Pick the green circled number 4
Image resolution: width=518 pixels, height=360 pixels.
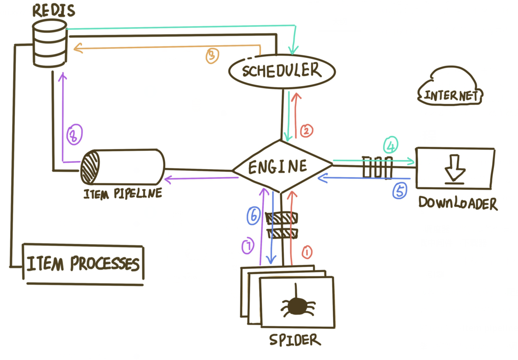[x=391, y=145]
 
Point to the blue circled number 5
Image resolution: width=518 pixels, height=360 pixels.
[x=399, y=191]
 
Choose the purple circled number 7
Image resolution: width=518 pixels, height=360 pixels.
[x=248, y=246]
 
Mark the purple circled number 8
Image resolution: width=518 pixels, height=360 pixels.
[x=74, y=135]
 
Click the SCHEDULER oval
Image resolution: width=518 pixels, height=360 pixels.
[x=282, y=71]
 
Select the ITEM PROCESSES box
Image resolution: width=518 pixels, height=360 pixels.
[x=83, y=264]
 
